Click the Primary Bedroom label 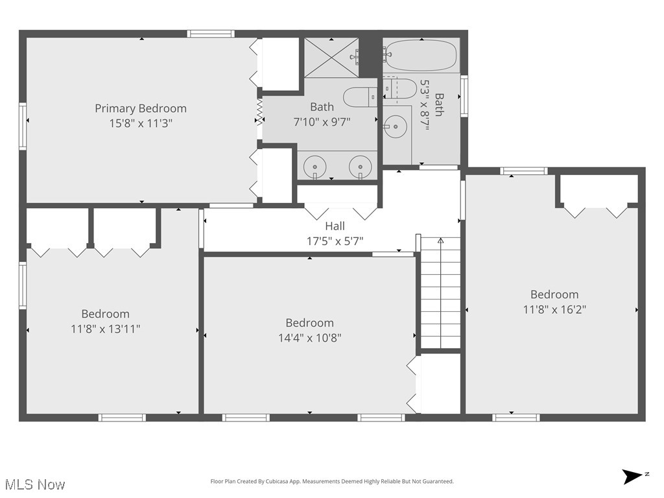click(141, 108)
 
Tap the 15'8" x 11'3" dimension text click(141, 122)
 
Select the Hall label click(335, 226)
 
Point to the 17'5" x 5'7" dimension click(335, 241)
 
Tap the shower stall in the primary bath click(331, 56)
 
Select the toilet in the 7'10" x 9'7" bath click(358, 97)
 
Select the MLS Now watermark click(35, 484)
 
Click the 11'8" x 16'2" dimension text click(554, 309)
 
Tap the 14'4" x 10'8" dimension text click(309, 337)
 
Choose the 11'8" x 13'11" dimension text click(106, 329)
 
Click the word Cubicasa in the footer click(277, 482)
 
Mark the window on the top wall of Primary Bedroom click(210, 34)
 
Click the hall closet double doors click(341, 211)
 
